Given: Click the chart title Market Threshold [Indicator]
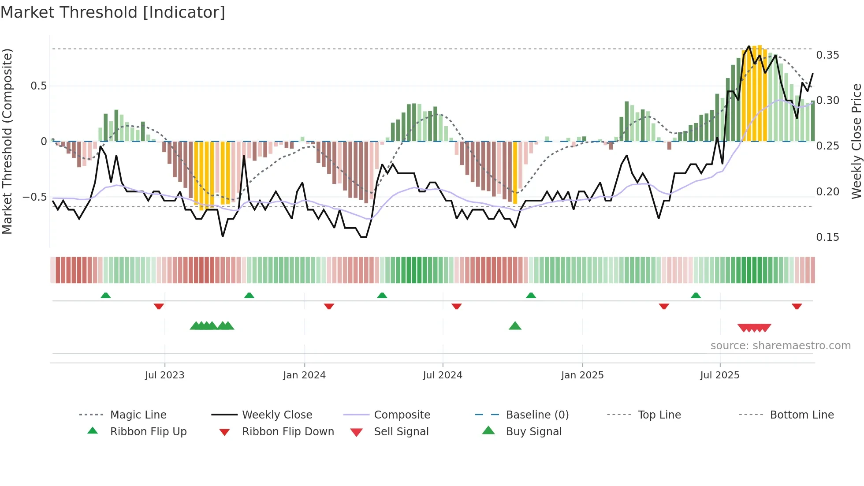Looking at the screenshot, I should pos(113,12).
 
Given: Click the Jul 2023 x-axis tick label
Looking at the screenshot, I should pos(164,375).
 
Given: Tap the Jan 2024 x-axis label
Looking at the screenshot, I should pos(304,375).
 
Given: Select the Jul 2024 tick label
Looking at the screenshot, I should pos(443,375).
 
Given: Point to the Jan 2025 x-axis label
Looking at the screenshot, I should pos(582,375).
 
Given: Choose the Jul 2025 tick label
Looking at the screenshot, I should pos(720,375).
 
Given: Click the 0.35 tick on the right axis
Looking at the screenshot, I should pos(827,55).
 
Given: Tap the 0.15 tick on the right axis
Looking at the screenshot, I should pos(827,237).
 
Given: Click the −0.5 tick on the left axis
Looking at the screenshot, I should pos(35,197).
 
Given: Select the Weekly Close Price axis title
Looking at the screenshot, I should pos(856,141).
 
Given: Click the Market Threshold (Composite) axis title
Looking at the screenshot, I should pos(7,141).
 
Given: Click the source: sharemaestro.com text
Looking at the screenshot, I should pos(780,346).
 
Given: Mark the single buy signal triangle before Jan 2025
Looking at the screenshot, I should pos(515,326).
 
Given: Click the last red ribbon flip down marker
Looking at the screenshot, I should pos(797,306).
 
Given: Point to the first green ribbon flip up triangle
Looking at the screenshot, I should pos(105,295).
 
